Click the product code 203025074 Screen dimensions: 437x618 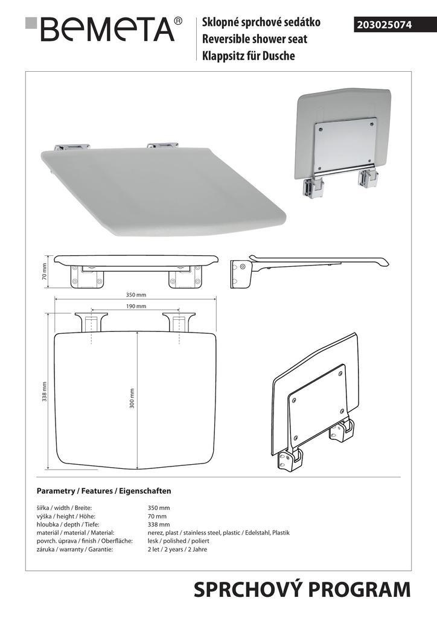pyautogui.click(x=384, y=25)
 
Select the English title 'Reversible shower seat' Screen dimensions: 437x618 pyautogui.click(x=255, y=39)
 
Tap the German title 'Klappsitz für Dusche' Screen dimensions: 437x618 pyautogui.click(x=248, y=56)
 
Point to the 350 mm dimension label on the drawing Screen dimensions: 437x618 pyautogui.click(x=136, y=295)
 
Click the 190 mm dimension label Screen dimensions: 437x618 pyautogui.click(x=136, y=306)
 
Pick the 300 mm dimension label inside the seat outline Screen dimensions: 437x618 pyautogui.click(x=132, y=398)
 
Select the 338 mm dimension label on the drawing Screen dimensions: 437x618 pyautogui.click(x=45, y=391)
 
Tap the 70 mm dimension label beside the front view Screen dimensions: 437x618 pyautogui.click(x=44, y=272)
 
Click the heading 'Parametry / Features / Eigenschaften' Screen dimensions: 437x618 pyautogui.click(x=104, y=491)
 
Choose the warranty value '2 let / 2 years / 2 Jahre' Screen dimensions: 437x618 pyautogui.click(x=177, y=549)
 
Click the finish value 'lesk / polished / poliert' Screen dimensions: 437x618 pyautogui.click(x=179, y=541)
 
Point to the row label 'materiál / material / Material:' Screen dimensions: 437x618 pyautogui.click(x=75, y=532)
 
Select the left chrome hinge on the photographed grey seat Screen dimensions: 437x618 pyautogui.click(x=72, y=147)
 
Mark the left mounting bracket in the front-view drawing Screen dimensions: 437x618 pyautogui.click(x=87, y=276)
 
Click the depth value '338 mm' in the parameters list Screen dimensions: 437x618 pyautogui.click(x=159, y=524)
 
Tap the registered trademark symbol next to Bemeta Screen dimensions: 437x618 pyautogui.click(x=178, y=21)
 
